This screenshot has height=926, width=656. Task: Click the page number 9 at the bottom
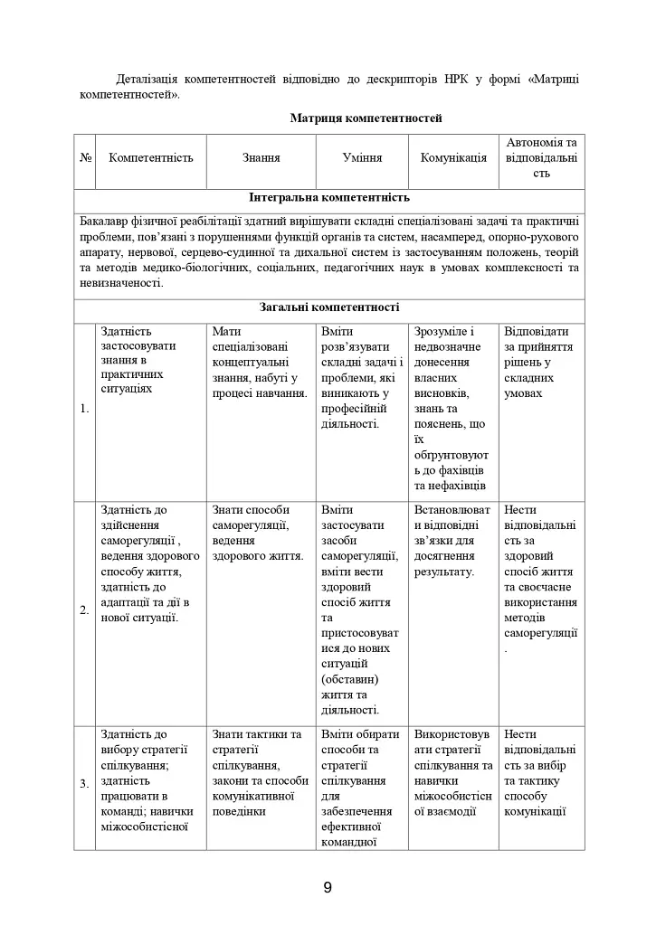click(328, 887)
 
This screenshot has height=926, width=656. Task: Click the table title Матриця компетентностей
click(366, 118)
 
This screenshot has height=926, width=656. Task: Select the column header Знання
click(261, 157)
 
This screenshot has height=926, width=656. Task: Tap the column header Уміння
click(362, 157)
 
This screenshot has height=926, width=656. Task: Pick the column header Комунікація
click(453, 157)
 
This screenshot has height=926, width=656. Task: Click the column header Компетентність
click(151, 157)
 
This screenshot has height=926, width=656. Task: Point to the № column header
click(86, 157)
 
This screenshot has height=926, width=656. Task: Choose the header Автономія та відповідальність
click(541, 157)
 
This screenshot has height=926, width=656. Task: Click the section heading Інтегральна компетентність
click(329, 197)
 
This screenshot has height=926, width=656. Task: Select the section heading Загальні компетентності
click(329, 307)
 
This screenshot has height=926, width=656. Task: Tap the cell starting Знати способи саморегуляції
click(258, 533)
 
